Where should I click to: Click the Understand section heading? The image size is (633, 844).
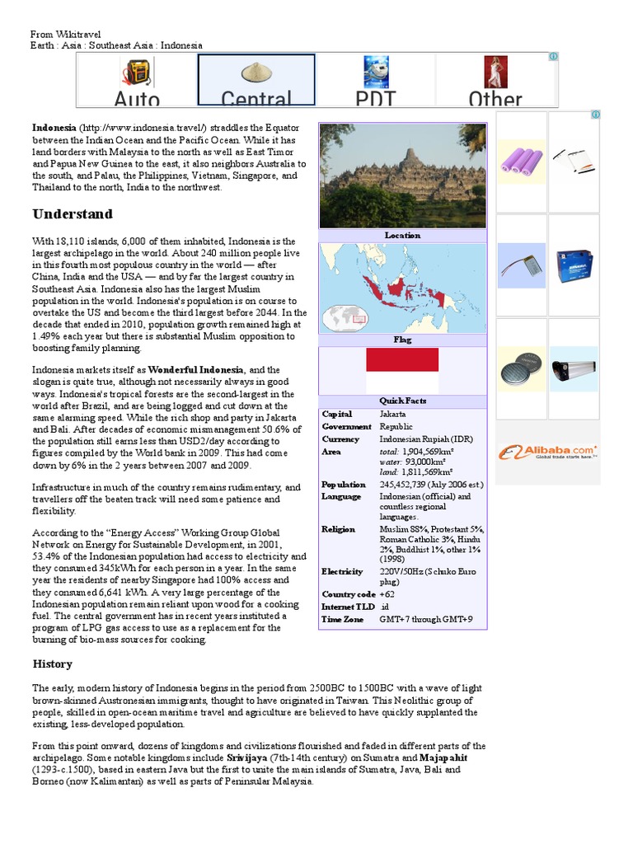pos(73,214)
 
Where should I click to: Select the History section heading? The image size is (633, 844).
pos(53,663)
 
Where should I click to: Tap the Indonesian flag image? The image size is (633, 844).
pos(402,370)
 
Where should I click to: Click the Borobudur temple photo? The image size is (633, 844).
pos(402,175)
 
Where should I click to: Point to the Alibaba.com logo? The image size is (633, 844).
pos(548,452)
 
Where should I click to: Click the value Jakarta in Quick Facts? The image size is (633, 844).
pos(392,414)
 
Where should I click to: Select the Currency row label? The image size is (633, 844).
pos(340,439)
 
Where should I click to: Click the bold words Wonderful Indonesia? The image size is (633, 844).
pos(196,369)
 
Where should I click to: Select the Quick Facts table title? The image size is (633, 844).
pos(402,401)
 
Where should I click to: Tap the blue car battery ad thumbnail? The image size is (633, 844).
pos(574,265)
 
